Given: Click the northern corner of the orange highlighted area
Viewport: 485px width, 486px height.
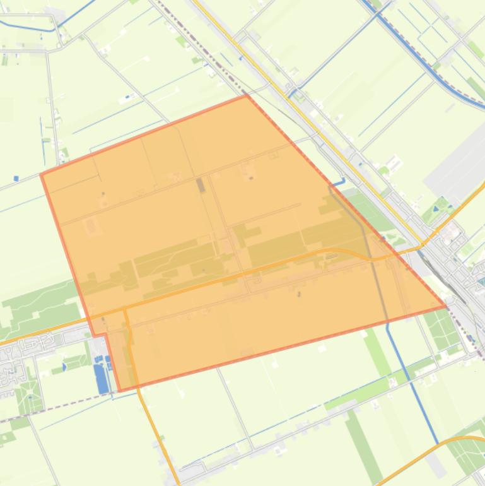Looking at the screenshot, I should [x=246, y=95].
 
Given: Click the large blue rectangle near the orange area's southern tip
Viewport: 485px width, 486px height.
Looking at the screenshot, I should [x=101, y=378].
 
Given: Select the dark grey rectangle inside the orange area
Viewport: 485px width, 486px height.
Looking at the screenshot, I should [x=201, y=184].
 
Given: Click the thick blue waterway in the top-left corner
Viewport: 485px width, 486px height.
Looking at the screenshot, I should [x=28, y=27].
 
